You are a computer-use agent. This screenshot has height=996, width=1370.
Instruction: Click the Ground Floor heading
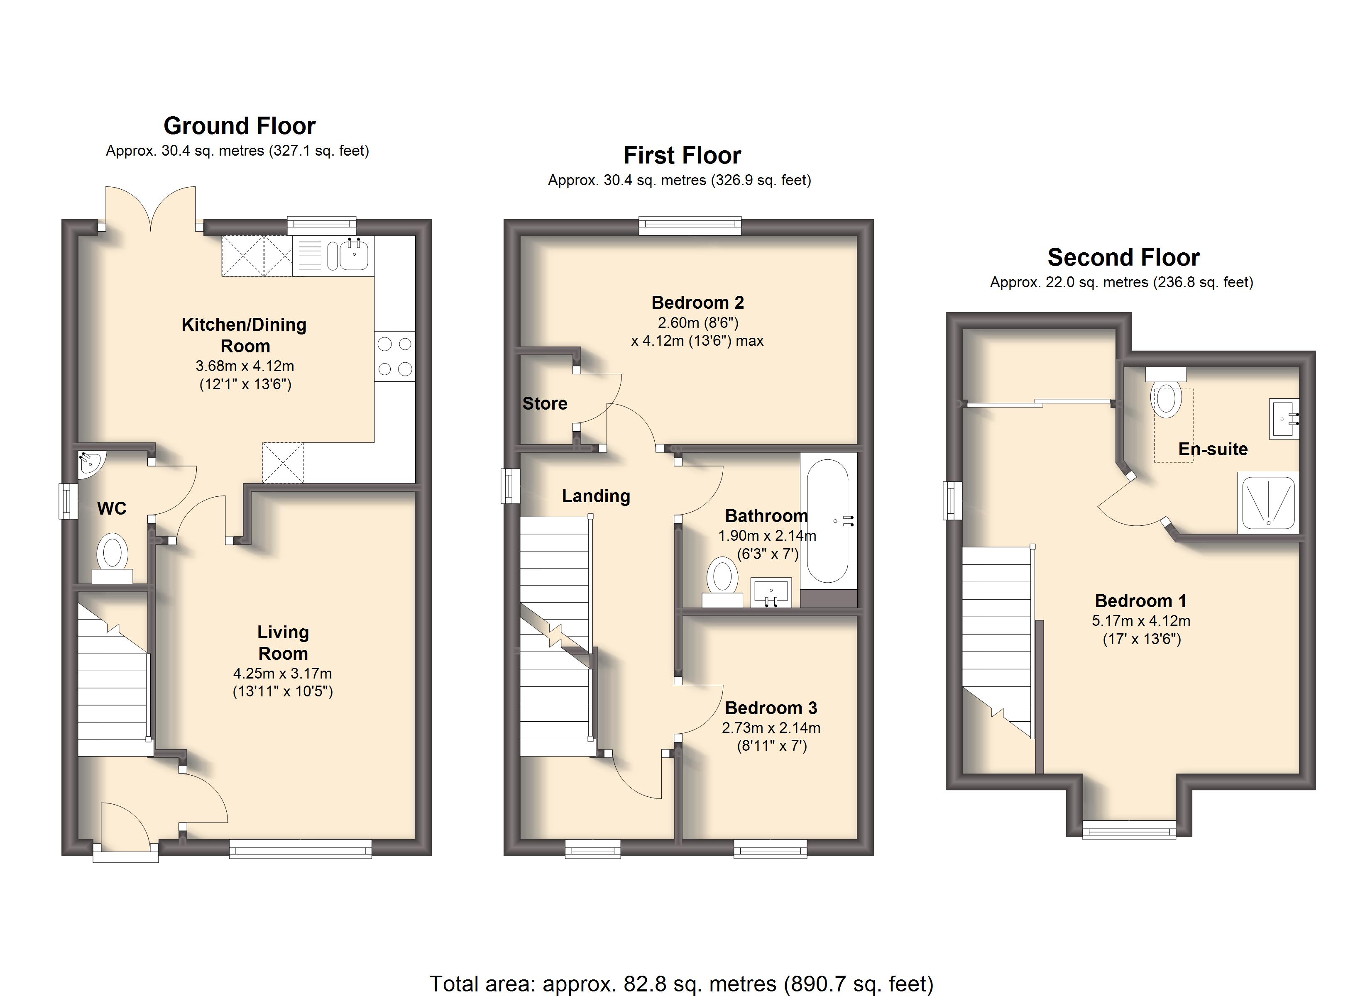(240, 126)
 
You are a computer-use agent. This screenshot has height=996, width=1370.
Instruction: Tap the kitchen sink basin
(354, 256)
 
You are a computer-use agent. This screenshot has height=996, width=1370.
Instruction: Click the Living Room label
(283, 643)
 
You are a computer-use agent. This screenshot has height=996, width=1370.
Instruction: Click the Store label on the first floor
(545, 403)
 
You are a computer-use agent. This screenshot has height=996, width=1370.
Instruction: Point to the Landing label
(596, 496)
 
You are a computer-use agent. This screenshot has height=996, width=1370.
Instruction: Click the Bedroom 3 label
(771, 708)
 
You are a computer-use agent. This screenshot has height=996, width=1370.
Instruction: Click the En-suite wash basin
(1284, 418)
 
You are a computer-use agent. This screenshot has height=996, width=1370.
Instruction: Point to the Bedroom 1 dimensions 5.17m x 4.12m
(1141, 620)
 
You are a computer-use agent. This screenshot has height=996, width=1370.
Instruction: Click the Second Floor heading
(1123, 257)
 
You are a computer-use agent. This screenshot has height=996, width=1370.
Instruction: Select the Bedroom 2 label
(698, 302)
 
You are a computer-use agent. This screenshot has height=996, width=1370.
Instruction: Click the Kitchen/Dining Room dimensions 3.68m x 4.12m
(245, 366)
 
